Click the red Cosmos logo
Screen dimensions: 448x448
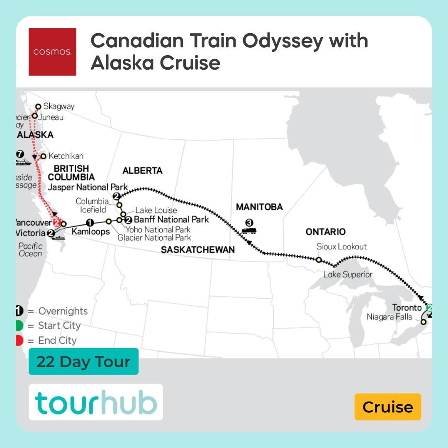pos(52,52)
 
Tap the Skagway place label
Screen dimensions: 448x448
pos(58,107)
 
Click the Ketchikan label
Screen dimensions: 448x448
pos(66,156)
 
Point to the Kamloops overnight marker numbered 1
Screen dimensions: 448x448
pos(90,222)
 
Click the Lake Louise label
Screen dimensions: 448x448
pos(156,210)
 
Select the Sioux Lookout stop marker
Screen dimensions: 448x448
pos(318,260)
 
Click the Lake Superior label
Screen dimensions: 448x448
pos(348,274)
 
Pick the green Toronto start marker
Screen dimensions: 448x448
pos(429,308)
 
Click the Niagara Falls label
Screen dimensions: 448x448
pos(390,317)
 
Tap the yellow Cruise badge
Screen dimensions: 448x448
pos(387,407)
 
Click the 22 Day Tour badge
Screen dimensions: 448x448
pos(83,362)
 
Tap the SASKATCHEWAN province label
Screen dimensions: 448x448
pos(198,250)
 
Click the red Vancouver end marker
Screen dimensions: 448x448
pos(58,223)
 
